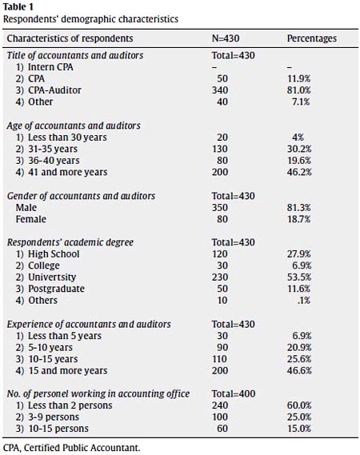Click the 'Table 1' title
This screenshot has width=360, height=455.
tap(18, 6)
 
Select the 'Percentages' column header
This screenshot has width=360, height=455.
tap(312, 38)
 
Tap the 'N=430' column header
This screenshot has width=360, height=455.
tap(226, 38)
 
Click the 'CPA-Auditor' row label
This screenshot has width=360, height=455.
tap(54, 90)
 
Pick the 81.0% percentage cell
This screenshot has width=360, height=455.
tap(298, 90)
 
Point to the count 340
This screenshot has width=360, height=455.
tap(220, 90)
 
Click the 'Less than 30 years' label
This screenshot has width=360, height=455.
tap(67, 138)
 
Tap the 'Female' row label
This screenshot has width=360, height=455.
tap(30, 219)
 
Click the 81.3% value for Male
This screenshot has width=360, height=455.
tap(298, 207)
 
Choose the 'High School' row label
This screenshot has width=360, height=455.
tap(54, 254)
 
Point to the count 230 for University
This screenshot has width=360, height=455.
tap(220, 277)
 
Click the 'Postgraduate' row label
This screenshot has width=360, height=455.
tap(56, 289)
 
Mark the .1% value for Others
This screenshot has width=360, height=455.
tap(304, 301)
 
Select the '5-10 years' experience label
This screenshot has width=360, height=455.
tap(50, 347)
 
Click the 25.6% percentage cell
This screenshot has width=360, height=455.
tap(299, 359)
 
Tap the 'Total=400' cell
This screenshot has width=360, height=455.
tap(234, 393)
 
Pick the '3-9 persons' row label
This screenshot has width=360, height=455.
tap(54, 417)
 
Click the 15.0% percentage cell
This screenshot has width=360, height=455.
tap(299, 429)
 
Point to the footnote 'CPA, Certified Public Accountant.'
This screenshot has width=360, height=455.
tap(71, 448)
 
